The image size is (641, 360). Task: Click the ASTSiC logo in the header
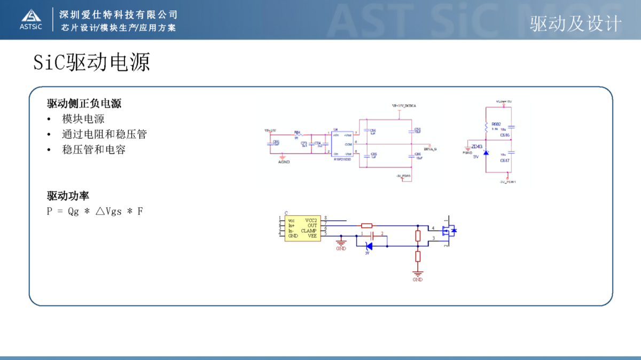(x=30, y=19)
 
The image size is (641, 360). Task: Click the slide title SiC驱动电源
(x=91, y=62)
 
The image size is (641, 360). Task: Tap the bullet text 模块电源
(x=83, y=119)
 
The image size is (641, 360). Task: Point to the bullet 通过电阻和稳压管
(x=104, y=134)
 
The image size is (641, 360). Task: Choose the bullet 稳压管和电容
(x=93, y=150)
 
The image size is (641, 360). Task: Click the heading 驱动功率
(x=68, y=196)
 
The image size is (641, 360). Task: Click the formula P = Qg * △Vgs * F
(x=95, y=211)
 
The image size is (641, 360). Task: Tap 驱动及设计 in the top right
(x=576, y=24)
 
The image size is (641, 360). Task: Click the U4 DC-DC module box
(x=342, y=144)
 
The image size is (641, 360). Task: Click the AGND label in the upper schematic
(x=284, y=161)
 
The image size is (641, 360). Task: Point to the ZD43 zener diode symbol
(x=486, y=153)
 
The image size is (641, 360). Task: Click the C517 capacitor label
(x=505, y=160)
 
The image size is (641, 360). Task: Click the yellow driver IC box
(x=302, y=229)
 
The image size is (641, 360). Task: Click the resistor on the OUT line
(x=366, y=225)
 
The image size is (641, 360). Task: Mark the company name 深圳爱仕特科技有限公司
(x=119, y=14)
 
